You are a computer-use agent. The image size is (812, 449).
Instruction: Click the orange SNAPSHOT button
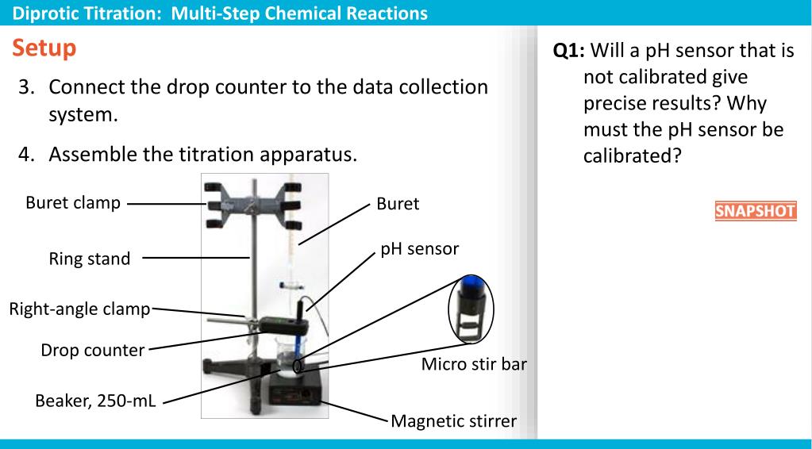[x=755, y=213]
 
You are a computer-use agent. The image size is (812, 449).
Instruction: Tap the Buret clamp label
[x=73, y=203]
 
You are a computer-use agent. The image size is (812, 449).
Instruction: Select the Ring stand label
[x=90, y=259]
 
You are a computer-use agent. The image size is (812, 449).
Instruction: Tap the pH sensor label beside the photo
[x=419, y=248]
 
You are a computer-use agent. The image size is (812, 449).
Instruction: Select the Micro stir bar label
[x=473, y=365]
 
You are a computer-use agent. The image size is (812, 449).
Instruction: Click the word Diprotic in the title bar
[x=37, y=13]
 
